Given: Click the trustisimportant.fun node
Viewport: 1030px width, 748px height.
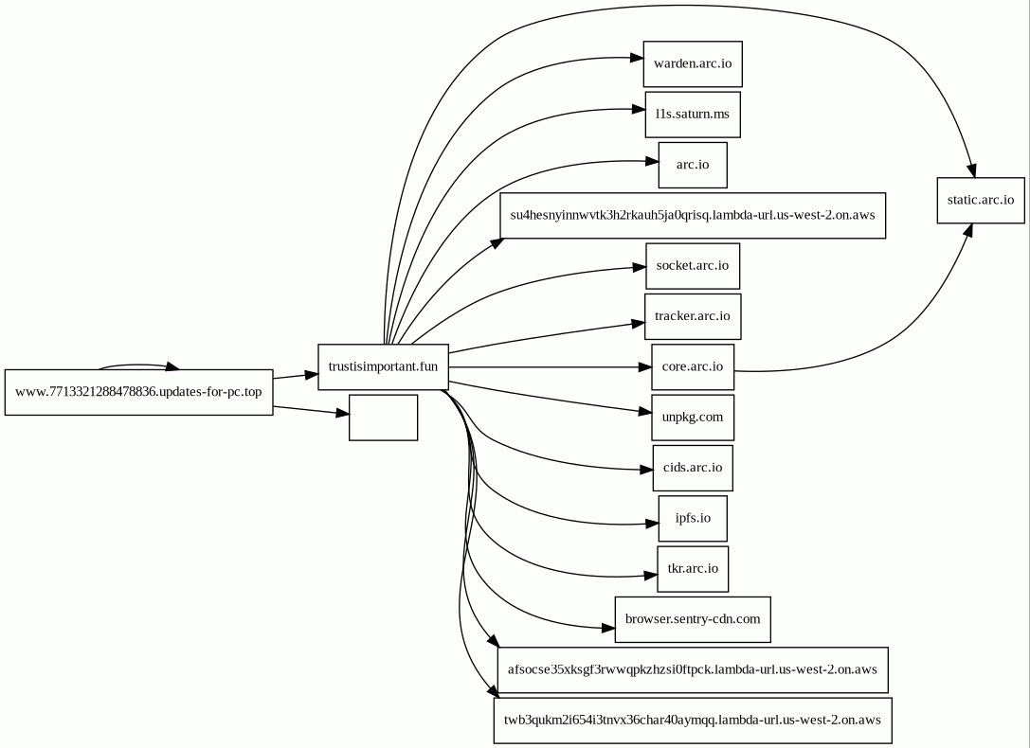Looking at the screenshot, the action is point(383,366).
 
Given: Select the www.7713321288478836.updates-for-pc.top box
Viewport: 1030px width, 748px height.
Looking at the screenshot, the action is point(138,392).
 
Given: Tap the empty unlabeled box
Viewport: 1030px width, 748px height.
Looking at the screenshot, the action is point(383,418).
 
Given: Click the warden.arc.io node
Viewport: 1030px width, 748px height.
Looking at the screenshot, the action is point(693,63).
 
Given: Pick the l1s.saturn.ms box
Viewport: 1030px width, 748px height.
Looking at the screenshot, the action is point(693,115).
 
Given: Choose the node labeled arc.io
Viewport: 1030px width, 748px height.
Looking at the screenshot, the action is point(693,165).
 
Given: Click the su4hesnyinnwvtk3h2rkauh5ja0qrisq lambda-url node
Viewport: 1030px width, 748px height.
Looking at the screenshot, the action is point(693,215).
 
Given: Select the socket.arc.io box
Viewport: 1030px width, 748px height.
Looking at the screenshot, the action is point(693,266).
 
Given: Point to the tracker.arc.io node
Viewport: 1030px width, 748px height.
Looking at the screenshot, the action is point(693,316).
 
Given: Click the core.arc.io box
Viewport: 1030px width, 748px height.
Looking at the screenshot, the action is point(693,366).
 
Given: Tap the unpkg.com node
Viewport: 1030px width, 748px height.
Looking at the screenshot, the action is point(693,418).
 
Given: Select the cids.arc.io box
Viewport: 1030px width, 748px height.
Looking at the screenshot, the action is point(693,468).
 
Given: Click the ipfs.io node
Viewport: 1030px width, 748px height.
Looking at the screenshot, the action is point(693,518).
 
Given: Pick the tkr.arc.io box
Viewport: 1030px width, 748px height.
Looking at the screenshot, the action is point(693,569).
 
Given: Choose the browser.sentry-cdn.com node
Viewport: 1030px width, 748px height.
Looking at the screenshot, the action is point(693,619).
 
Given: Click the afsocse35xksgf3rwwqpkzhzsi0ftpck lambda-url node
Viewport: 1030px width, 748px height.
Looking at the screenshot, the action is point(693,670).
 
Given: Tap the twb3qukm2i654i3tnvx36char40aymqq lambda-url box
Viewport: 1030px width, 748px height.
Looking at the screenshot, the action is point(693,721).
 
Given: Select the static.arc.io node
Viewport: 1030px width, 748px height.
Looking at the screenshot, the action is point(981,200).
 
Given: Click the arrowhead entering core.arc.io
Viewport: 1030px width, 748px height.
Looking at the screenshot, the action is point(645,366).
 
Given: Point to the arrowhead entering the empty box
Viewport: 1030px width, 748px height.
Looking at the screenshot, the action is point(342,414).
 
